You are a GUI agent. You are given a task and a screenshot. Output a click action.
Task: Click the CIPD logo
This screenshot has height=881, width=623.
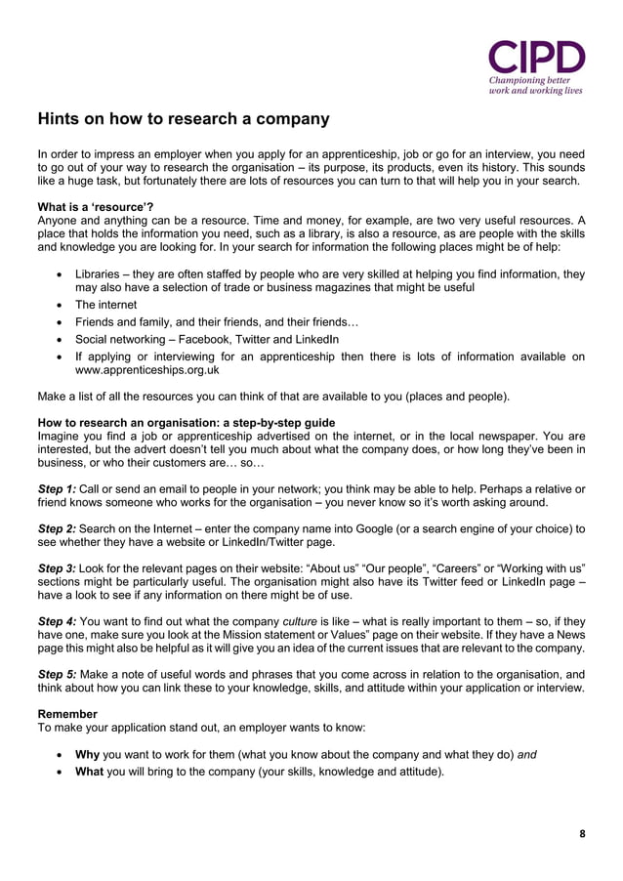coord(536,57)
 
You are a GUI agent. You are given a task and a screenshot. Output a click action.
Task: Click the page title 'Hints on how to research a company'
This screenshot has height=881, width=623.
coord(183,119)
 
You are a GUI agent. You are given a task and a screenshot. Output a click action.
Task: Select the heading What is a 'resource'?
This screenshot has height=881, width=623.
coord(95,207)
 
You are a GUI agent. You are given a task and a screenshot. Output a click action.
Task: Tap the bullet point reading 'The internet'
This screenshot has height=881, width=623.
coord(106,304)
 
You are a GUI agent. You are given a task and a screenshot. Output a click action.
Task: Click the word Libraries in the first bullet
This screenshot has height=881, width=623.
coord(102,274)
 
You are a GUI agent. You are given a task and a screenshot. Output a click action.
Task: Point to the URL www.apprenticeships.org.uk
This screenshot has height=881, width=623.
coord(147,371)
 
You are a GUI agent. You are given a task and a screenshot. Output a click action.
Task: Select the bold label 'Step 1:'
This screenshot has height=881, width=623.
coord(56,488)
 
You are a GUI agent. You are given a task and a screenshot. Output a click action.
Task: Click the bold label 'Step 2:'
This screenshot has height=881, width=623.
coord(56,528)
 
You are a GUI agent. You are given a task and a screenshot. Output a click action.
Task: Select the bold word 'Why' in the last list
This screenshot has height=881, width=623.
coord(88,754)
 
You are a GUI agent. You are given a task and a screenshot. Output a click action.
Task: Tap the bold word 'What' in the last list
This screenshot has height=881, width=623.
coord(90,772)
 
